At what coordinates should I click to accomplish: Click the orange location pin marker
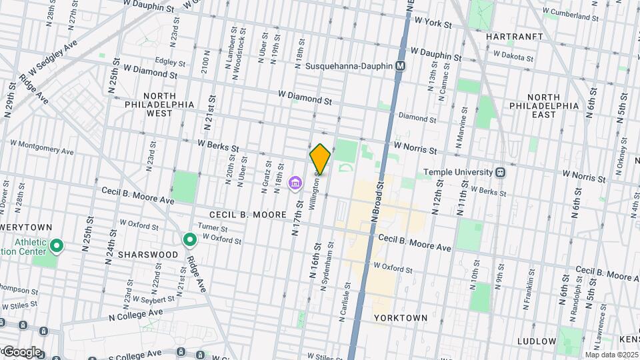tap(320, 159)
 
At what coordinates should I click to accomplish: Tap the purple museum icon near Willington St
tap(294, 183)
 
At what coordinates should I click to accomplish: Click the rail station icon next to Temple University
tap(500, 172)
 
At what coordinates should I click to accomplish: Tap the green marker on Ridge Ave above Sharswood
tap(190, 239)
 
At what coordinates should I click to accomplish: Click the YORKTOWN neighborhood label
tap(401, 318)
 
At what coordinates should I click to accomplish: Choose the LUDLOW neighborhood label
tap(536, 341)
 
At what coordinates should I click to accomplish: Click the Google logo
tap(21, 351)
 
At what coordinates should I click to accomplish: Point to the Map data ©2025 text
tap(611, 355)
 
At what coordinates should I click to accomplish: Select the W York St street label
tap(433, 23)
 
